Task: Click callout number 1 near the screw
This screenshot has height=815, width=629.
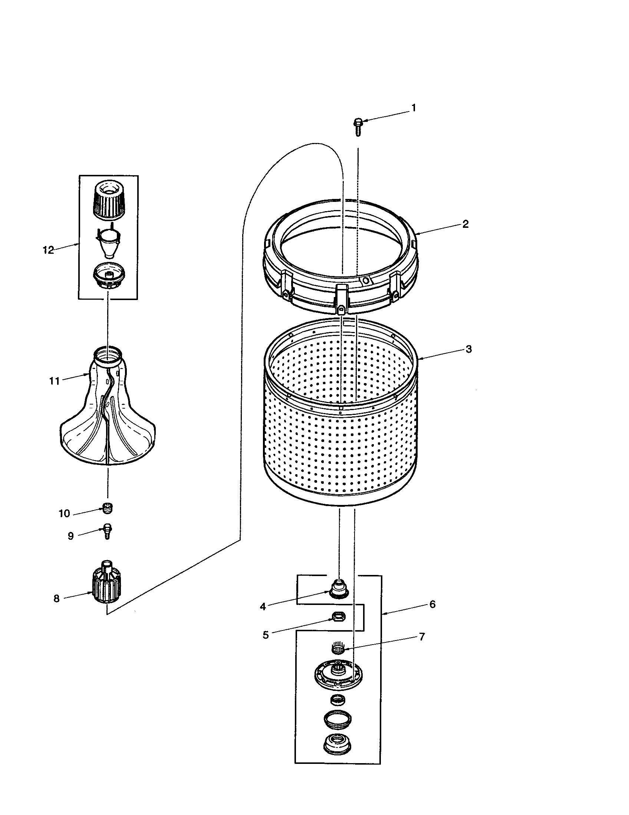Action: [414, 108]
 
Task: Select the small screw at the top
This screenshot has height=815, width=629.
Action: [358, 126]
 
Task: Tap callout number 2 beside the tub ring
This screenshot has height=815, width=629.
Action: [465, 224]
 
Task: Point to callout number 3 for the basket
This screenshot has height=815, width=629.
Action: [468, 349]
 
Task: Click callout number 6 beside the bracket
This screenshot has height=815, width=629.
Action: [432, 604]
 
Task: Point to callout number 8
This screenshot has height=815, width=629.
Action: [56, 599]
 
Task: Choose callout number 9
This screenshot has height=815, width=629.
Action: [70, 536]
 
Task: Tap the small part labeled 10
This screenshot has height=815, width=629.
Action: [107, 508]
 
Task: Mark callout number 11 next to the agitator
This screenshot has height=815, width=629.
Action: [55, 381]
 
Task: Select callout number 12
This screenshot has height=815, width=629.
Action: [48, 250]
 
